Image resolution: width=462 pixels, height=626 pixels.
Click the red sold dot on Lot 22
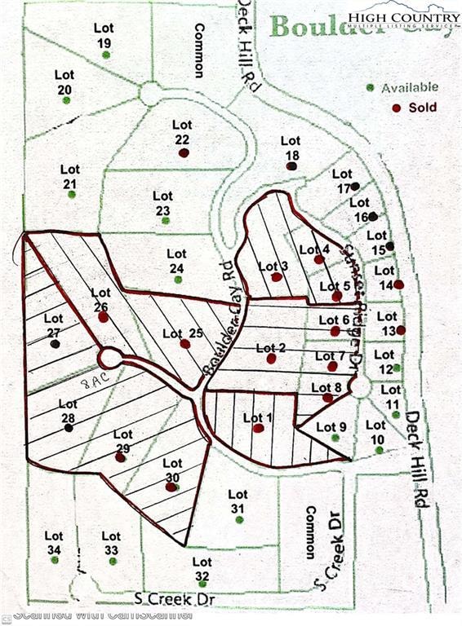(184, 152)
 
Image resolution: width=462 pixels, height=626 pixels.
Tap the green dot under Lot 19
(106, 55)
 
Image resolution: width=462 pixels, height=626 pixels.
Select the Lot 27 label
(54, 324)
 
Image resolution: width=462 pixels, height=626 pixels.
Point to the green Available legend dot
(371, 87)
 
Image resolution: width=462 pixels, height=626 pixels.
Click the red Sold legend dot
(397, 108)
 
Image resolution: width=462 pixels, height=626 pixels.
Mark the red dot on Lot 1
(259, 428)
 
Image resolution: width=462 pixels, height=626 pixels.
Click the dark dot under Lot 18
(291, 166)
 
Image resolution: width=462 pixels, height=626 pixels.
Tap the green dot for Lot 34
(54, 560)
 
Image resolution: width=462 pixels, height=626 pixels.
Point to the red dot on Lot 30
(171, 487)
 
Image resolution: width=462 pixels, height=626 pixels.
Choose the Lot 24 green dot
(178, 280)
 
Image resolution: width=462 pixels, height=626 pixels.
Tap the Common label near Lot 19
(198, 51)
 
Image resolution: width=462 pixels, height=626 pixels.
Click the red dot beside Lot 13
(400, 330)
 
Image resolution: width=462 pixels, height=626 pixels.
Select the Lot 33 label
(111, 542)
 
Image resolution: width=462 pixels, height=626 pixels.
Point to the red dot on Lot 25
(185, 344)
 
